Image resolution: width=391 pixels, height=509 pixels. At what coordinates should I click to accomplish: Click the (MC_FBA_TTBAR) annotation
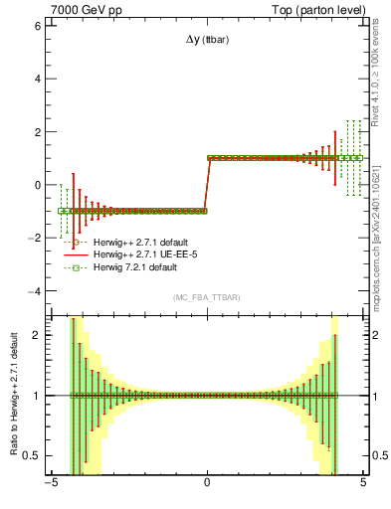click(x=207, y=297)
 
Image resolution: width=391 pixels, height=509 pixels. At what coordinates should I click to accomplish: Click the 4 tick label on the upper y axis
click(x=37, y=79)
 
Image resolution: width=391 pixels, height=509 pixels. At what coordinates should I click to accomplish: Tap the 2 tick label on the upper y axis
click(x=37, y=131)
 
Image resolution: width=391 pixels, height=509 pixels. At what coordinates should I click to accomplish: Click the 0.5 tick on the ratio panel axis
click(x=32, y=455)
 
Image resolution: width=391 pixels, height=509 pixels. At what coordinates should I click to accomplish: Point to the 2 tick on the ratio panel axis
click(x=37, y=335)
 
